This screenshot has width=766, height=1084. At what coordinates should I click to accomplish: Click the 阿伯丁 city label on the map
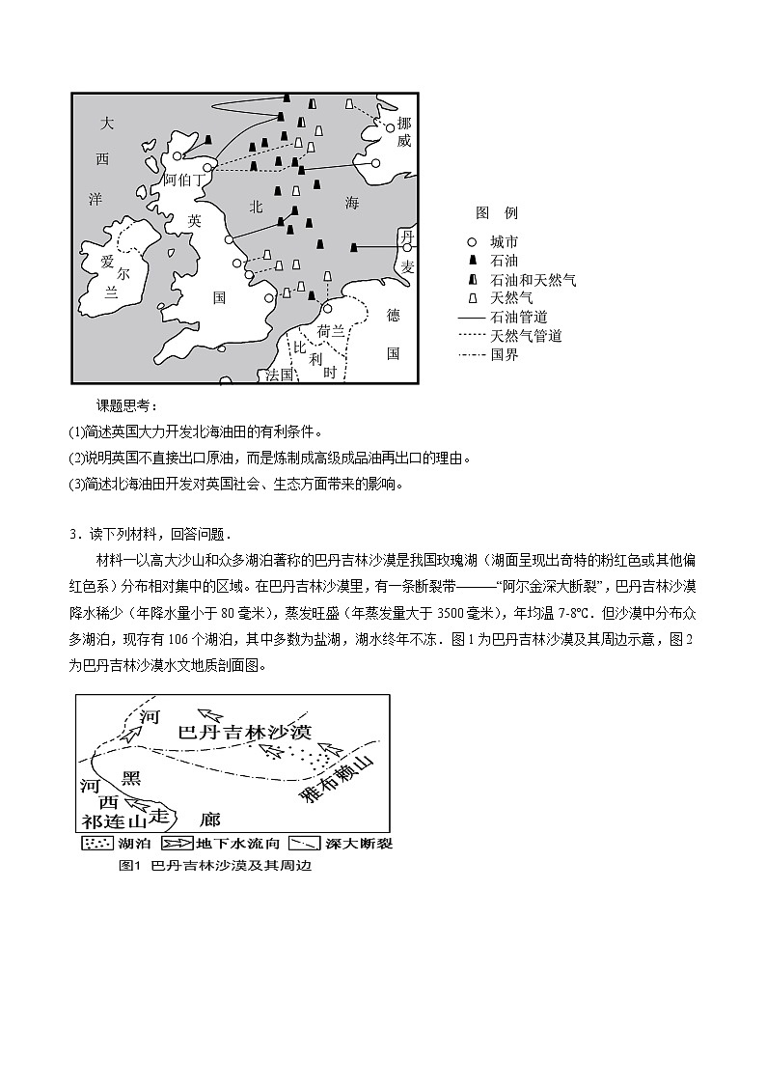(183, 180)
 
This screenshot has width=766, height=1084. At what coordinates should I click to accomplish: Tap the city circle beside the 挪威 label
(391, 127)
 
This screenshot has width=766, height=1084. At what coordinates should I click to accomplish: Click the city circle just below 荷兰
(327, 309)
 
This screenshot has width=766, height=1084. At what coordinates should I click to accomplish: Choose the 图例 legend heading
(497, 212)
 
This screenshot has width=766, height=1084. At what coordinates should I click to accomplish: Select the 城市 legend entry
(504, 242)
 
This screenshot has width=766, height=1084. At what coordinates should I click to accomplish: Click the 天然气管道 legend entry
(526, 336)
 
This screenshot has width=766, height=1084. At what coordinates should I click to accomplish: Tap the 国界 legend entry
(504, 354)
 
